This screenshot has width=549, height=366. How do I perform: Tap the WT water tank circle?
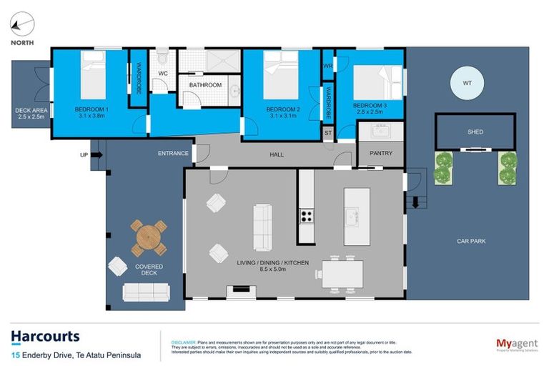coord(467,84)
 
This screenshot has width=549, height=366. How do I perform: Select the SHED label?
coord(475,132)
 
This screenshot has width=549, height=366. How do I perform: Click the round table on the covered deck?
coord(148,237)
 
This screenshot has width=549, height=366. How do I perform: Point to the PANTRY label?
coord(380,153)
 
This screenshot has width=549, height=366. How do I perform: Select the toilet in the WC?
coord(162,57)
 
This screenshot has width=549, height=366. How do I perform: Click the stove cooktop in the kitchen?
coord(306,215)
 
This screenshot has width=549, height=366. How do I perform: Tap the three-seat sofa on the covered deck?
coord(147,292)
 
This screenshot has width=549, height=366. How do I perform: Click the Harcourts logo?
coord(45,337)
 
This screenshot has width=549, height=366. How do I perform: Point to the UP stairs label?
coord(84,154)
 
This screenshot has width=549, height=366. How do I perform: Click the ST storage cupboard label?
coord(328,132)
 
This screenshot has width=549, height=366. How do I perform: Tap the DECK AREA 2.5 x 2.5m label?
coord(31,114)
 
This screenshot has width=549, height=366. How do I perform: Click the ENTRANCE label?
coord(173,153)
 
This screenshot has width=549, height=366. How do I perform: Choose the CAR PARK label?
coord(471,242)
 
